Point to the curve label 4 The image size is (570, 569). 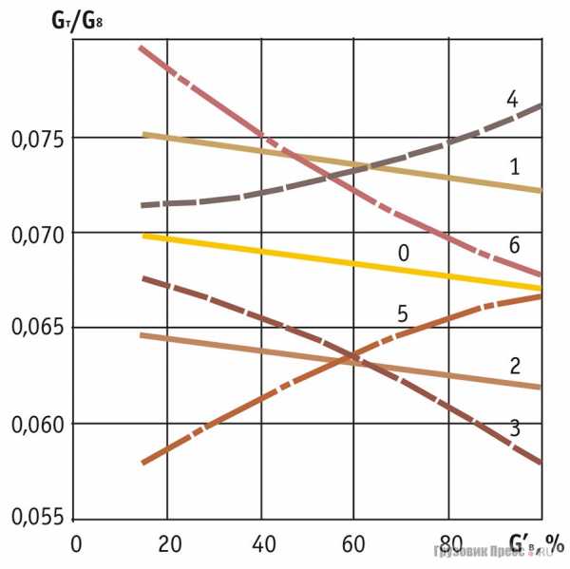tap(511, 99)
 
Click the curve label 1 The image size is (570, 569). tap(514, 167)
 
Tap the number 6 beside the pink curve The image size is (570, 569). tap(514, 244)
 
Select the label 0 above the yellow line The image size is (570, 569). tap(403, 253)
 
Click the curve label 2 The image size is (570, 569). tap(514, 365)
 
